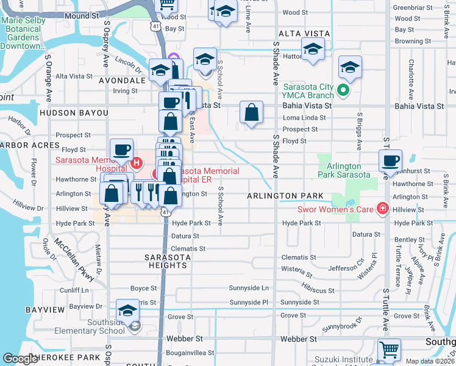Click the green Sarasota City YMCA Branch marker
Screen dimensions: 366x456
tap(343, 91)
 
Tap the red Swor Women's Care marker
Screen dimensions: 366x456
tap(382, 209)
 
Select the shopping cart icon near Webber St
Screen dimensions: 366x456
tap(389, 350)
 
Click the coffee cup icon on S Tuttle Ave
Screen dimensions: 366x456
tap(390, 161)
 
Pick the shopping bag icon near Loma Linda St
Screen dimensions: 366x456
tap(251, 113)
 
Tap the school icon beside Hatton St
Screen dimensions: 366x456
tap(313, 49)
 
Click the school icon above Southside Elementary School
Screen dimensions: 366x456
tap(127, 311)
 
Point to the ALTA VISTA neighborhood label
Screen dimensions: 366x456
tap(304, 34)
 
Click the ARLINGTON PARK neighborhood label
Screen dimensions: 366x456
tap(285, 196)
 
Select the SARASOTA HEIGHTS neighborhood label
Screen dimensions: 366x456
tap(166, 261)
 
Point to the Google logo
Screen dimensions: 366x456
tap(20, 359)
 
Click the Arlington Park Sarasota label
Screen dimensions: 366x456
tap(344, 170)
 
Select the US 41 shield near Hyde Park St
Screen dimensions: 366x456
tap(165, 211)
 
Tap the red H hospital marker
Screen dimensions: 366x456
tap(137, 163)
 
